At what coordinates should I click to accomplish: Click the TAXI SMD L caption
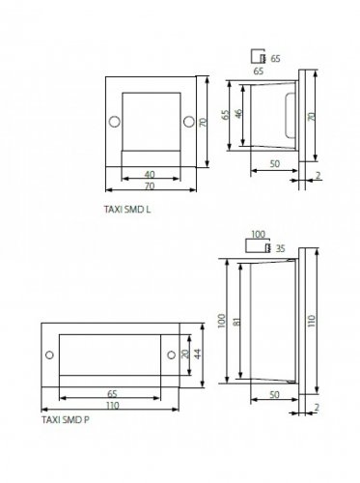tap(127, 210)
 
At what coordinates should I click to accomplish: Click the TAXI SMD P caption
tap(66, 420)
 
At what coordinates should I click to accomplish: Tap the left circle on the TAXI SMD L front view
tap(115, 122)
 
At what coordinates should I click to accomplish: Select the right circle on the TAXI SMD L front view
tap(189, 122)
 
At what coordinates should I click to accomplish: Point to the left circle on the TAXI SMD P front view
tap(49, 355)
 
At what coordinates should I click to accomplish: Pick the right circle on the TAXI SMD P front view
tap(172, 355)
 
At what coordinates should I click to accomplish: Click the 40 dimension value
tap(150, 175)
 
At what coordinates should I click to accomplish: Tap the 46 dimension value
tap(238, 114)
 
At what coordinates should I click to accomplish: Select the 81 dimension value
tap(237, 322)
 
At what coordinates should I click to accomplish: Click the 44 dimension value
tap(198, 354)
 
